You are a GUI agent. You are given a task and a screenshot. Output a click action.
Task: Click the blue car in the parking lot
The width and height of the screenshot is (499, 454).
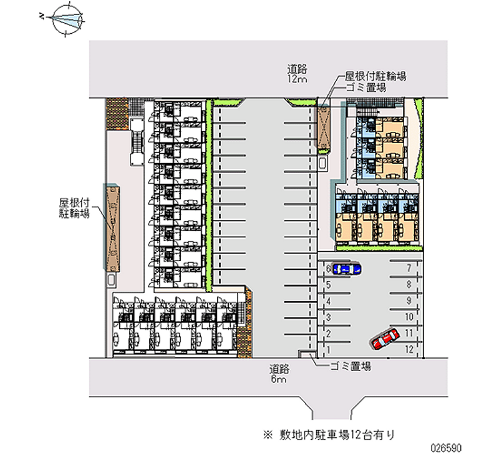point(346,269)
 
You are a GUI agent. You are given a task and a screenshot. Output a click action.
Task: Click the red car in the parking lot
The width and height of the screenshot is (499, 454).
point(384,339)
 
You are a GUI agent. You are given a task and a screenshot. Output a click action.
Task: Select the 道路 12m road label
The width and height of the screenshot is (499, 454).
point(298,74)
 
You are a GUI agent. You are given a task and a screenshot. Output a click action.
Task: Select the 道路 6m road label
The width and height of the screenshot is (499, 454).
point(279,373)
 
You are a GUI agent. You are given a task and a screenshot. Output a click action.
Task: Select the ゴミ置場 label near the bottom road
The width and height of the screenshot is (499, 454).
point(349,367)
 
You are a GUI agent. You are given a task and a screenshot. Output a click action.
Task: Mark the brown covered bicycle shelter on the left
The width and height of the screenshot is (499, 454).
point(112,224)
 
